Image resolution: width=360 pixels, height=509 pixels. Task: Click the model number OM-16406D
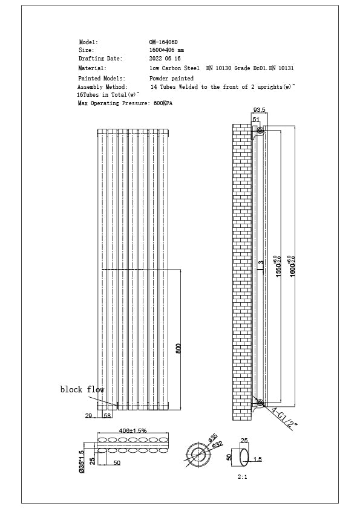tap(163, 42)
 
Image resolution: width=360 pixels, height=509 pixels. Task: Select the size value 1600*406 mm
tap(166, 50)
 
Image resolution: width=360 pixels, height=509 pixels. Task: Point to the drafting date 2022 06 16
tap(165, 59)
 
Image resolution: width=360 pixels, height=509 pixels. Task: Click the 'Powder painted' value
tap(172, 79)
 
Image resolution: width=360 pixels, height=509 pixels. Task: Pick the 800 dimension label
tap(178, 349)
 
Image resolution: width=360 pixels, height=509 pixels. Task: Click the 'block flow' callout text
tap(82, 389)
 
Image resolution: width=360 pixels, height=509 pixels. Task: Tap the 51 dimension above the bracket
tap(256, 120)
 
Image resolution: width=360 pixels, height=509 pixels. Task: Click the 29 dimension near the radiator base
tap(89, 416)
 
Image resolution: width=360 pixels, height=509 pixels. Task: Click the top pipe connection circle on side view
tap(260, 131)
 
